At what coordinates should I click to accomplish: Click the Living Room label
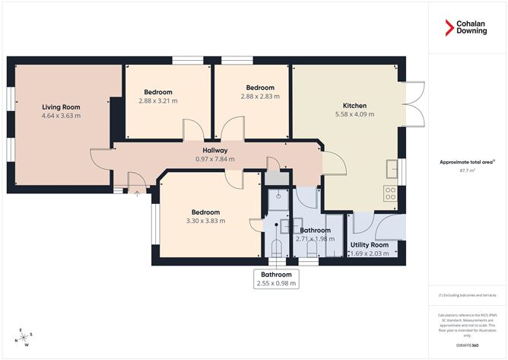click(x=61, y=107)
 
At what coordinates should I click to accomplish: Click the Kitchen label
click(x=354, y=105)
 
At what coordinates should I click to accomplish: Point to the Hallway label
click(x=217, y=151)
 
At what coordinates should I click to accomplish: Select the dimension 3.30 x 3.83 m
click(x=205, y=221)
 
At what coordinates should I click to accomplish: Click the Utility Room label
click(x=370, y=244)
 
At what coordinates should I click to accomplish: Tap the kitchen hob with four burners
click(x=392, y=193)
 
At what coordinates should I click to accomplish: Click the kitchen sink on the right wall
click(x=392, y=168)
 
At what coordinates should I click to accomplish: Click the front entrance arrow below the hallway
click(x=137, y=193)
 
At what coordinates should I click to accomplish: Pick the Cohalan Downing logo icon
click(x=450, y=29)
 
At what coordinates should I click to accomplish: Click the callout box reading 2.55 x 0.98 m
click(x=276, y=279)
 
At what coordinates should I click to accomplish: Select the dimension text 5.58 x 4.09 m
click(x=354, y=114)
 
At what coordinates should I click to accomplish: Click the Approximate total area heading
click(x=467, y=162)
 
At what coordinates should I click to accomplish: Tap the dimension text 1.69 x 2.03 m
click(x=370, y=253)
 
